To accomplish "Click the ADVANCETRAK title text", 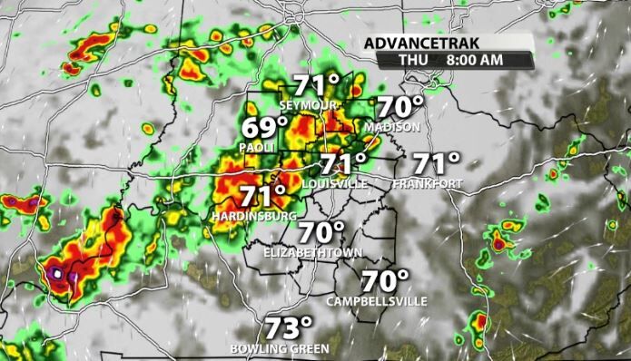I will tap(424, 43).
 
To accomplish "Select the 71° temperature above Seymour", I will tap(316, 87).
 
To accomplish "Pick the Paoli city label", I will tap(257, 145).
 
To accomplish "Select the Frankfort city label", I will tap(428, 183).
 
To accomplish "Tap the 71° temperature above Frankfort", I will tap(436, 164).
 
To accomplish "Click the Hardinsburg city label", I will tap(253, 217).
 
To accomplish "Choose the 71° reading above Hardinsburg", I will tap(263, 196).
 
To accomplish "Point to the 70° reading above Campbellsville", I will tap(385, 280).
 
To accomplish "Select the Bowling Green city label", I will tap(279, 347).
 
